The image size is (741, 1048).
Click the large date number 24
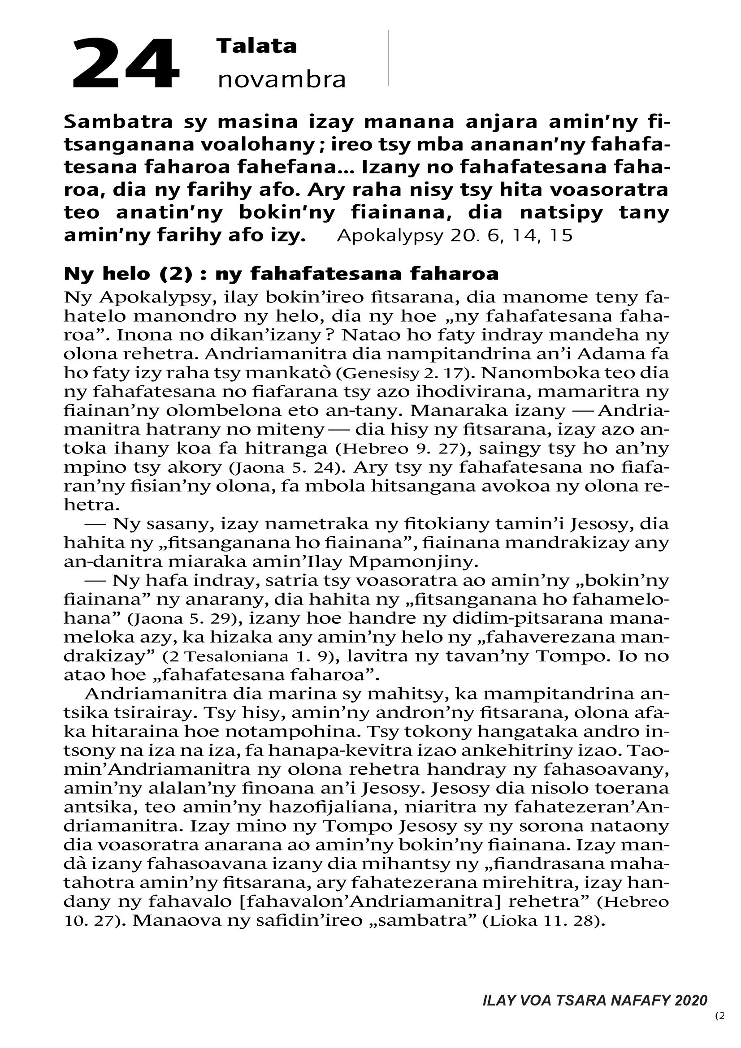tap(126, 64)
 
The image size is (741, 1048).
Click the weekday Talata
tap(256, 46)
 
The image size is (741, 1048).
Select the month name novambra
tap(281, 80)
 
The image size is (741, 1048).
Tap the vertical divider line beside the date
tap(389, 58)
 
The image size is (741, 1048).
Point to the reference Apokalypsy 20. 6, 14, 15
tap(454, 236)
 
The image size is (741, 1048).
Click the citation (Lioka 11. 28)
tap(544, 921)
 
